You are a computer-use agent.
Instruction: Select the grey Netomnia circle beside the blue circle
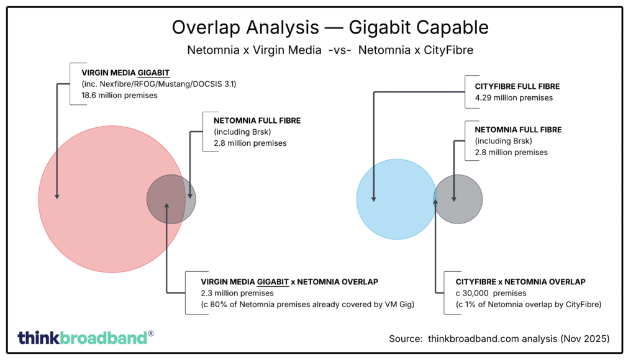460,199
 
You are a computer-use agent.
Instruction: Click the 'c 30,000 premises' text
491,292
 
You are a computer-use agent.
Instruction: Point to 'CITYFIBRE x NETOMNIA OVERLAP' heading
520,281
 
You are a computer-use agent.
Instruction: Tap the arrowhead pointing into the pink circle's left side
57,196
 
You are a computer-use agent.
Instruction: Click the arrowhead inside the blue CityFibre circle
375,199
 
